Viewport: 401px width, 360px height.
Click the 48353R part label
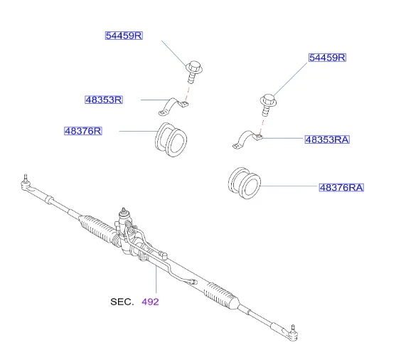pyautogui.click(x=104, y=100)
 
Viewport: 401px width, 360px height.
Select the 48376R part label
pyautogui.click(x=83, y=131)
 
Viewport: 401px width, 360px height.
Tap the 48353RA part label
pyautogui.click(x=327, y=139)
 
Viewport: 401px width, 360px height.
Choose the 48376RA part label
pyautogui.click(x=341, y=188)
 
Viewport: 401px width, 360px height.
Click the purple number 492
pyautogui.click(x=151, y=302)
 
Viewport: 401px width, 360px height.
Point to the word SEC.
pyautogui.click(x=122, y=302)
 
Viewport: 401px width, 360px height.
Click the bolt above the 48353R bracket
pyautogui.click(x=194, y=72)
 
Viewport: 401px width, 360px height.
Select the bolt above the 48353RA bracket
pyautogui.click(x=268, y=105)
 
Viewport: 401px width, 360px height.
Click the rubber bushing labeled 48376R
pyautogui.click(x=171, y=139)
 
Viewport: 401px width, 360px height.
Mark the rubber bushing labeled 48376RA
pyautogui.click(x=245, y=183)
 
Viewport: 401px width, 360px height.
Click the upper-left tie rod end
pyautogui.click(x=28, y=185)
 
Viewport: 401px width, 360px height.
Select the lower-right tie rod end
pyautogui.click(x=288, y=333)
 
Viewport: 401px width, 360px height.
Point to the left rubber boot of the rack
pyautogui.click(x=97, y=228)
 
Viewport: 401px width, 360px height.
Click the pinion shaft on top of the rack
pyautogui.click(x=124, y=213)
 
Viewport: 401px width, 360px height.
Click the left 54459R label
pyautogui.click(x=124, y=36)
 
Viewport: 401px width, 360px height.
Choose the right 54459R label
pyautogui.click(x=327, y=58)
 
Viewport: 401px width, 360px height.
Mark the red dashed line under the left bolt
pyautogui.click(x=188, y=94)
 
